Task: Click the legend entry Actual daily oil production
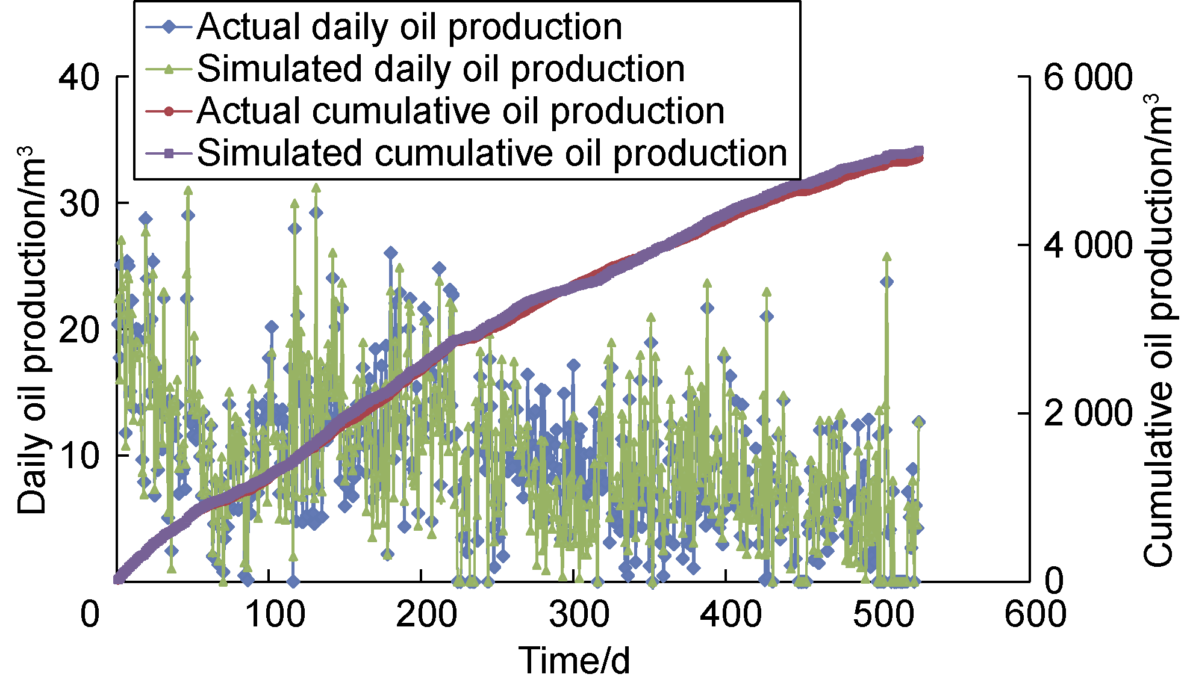[x=409, y=27]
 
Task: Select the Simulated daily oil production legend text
[x=440, y=69]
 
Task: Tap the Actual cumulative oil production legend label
[x=461, y=111]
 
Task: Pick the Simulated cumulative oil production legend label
[x=492, y=153]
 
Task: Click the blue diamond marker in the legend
[x=169, y=27]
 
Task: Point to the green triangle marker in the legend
[x=169, y=69]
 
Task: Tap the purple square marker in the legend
[x=169, y=153]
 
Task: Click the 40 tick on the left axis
[x=79, y=77]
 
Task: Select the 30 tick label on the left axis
[x=79, y=204]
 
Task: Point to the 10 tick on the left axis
[x=79, y=456]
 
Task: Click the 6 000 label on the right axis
[x=1088, y=78]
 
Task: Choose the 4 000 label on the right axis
[x=1088, y=246]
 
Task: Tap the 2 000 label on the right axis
[x=1088, y=413]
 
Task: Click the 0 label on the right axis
[x=1054, y=581]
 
